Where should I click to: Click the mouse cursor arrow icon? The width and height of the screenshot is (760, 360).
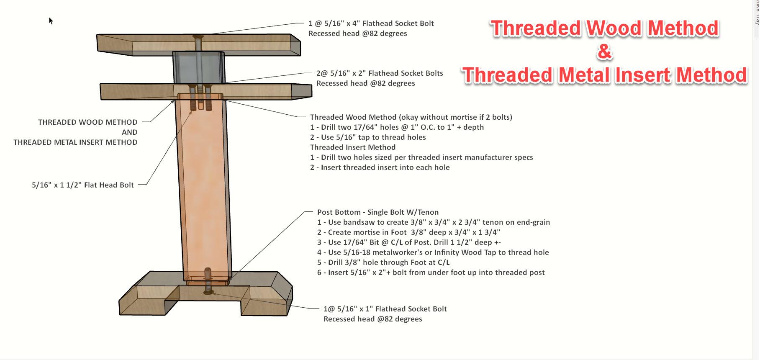[51, 21]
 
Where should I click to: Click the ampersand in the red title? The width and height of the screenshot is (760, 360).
[604, 52]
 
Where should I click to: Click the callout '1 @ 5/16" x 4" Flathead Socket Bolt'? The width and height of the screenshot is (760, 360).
[371, 23]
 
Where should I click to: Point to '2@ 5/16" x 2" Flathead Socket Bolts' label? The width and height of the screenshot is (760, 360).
[379, 73]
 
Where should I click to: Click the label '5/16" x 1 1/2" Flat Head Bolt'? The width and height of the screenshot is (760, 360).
[83, 185]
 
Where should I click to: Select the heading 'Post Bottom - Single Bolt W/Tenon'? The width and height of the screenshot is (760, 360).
[377, 212]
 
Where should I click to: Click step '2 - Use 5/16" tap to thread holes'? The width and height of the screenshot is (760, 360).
[368, 137]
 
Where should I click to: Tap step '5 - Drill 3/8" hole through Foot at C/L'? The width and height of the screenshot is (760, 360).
[383, 262]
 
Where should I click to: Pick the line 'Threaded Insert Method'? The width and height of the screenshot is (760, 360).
[352, 147]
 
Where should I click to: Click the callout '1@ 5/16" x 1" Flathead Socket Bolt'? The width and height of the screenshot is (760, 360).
[385, 309]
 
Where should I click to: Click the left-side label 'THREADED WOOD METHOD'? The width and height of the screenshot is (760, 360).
[87, 122]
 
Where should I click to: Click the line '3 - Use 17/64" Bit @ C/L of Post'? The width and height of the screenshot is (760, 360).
[409, 242]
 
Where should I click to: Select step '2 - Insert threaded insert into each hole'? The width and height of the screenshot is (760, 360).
[380, 167]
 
